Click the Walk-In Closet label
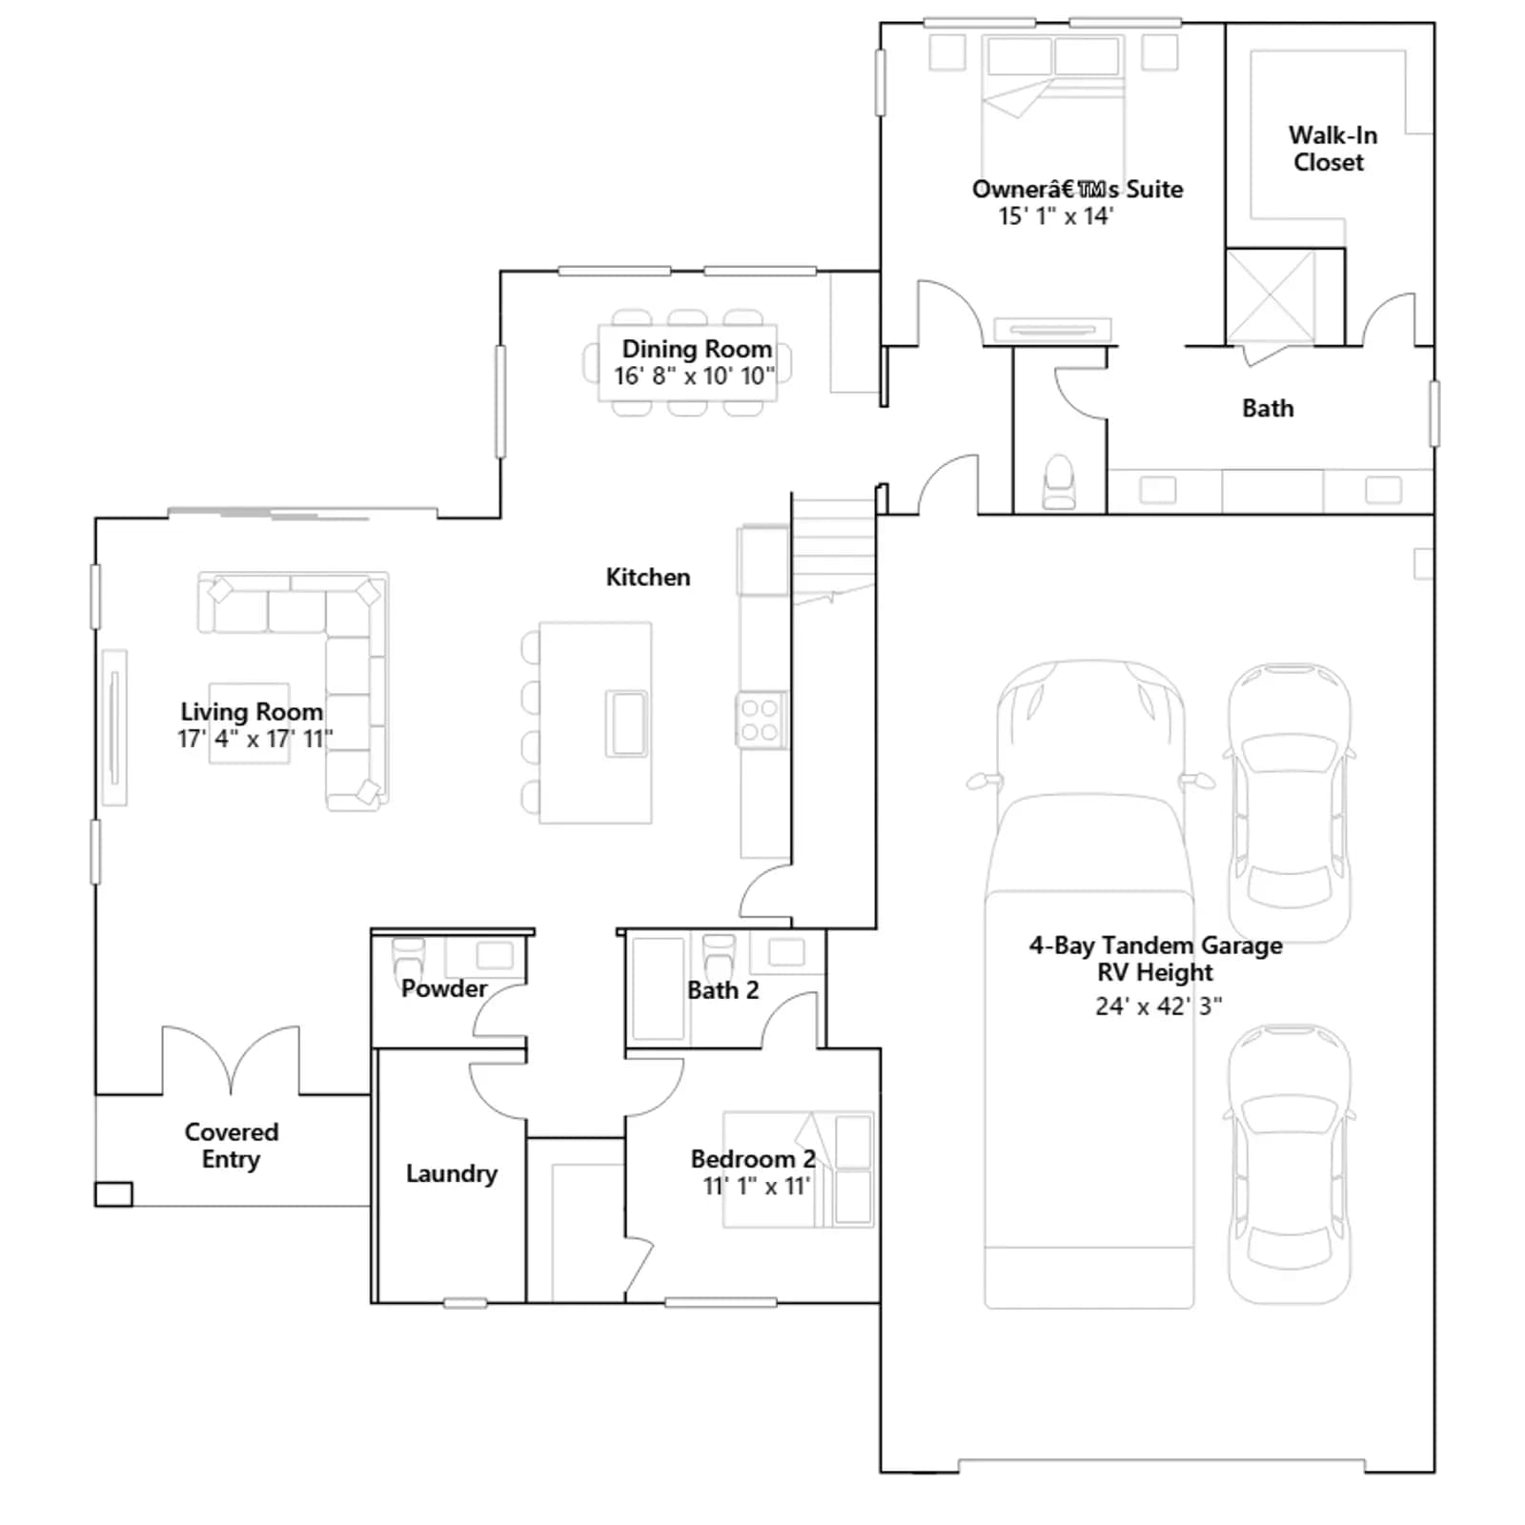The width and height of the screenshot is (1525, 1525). (x=1332, y=149)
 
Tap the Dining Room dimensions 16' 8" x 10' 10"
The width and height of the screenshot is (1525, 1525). (x=694, y=376)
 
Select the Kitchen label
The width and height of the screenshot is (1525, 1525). (x=648, y=577)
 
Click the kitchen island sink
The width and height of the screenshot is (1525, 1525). (x=627, y=723)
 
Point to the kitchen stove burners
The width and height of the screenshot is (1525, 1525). (x=761, y=720)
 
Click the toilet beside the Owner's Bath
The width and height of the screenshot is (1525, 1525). (x=1060, y=483)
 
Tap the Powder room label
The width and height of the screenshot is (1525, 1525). (x=444, y=988)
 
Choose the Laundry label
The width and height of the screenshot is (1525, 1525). (x=452, y=1173)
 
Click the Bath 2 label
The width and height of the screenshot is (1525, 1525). (x=723, y=990)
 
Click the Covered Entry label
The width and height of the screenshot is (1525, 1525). (x=232, y=1146)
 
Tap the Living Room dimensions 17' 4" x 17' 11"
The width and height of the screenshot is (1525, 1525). (x=254, y=739)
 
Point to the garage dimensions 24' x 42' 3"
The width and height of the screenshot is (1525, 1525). (x=1158, y=1006)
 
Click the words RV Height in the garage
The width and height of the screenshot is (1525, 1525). (x=1155, y=972)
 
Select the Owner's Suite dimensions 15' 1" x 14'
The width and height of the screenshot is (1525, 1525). (x=1056, y=216)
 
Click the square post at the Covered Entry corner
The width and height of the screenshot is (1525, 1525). (x=113, y=1194)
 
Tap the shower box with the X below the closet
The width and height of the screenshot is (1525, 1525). (x=1271, y=295)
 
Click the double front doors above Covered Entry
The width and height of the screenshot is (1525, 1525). (x=231, y=1059)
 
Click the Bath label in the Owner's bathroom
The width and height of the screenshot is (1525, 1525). (x=1268, y=408)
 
